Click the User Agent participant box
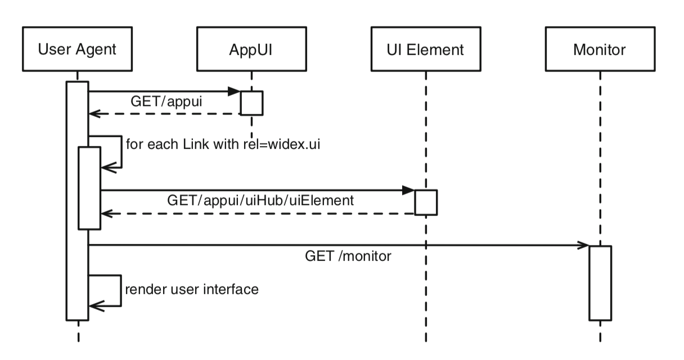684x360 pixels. [77, 49]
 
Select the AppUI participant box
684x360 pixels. [251, 49]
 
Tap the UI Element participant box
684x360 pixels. [426, 49]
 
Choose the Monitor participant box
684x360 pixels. [600, 49]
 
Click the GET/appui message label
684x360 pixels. [166, 102]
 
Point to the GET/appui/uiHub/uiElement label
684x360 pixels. [260, 201]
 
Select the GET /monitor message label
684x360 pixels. [348, 256]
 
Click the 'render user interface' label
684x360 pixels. [192, 289]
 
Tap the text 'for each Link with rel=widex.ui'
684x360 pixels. [223, 144]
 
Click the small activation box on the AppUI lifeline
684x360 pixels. [251, 103]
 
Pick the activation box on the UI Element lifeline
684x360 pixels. [426, 202]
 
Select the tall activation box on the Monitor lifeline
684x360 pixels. [600, 283]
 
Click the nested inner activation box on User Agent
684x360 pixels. [89, 188]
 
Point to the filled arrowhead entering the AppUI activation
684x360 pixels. [234, 91]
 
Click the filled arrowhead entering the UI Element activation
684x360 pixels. [408, 190]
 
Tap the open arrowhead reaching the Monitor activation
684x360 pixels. [583, 245]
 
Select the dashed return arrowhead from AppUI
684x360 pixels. [94, 114]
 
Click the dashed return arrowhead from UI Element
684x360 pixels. [107, 214]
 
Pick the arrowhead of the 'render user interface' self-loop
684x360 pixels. [97, 305]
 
